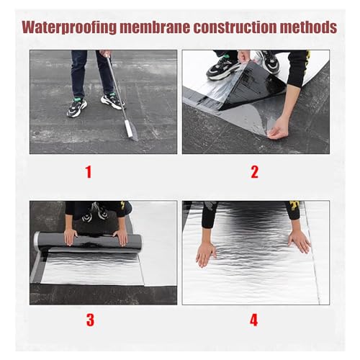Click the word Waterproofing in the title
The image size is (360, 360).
click(x=69, y=27)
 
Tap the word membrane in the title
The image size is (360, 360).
click(x=155, y=27)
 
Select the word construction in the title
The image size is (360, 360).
click(x=235, y=27)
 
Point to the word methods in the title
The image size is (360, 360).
click(x=308, y=27)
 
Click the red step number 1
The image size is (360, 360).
click(x=89, y=172)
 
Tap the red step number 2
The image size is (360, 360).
click(x=254, y=172)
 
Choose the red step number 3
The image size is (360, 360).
click(x=90, y=320)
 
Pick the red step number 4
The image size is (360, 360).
click(x=254, y=320)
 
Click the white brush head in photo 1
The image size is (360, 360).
click(x=128, y=129)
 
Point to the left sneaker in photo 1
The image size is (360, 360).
click(x=77, y=107)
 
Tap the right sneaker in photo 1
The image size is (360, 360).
click(x=113, y=102)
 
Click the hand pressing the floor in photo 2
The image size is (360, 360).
click(x=279, y=128)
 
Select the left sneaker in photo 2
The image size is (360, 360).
click(x=222, y=68)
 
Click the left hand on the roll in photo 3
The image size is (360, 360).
click(x=71, y=237)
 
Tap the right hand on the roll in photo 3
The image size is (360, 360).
click(x=120, y=238)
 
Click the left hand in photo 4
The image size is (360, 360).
click(x=206, y=254)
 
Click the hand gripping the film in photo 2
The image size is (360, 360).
click(x=243, y=57)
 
